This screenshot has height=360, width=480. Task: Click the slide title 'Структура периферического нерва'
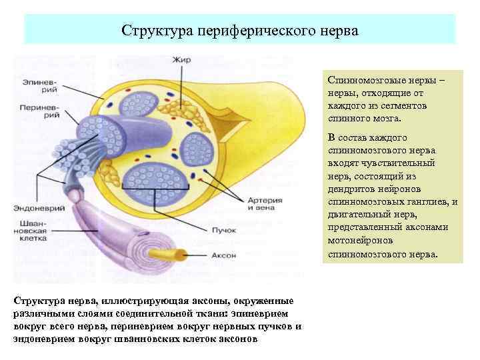[x=240, y=31]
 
